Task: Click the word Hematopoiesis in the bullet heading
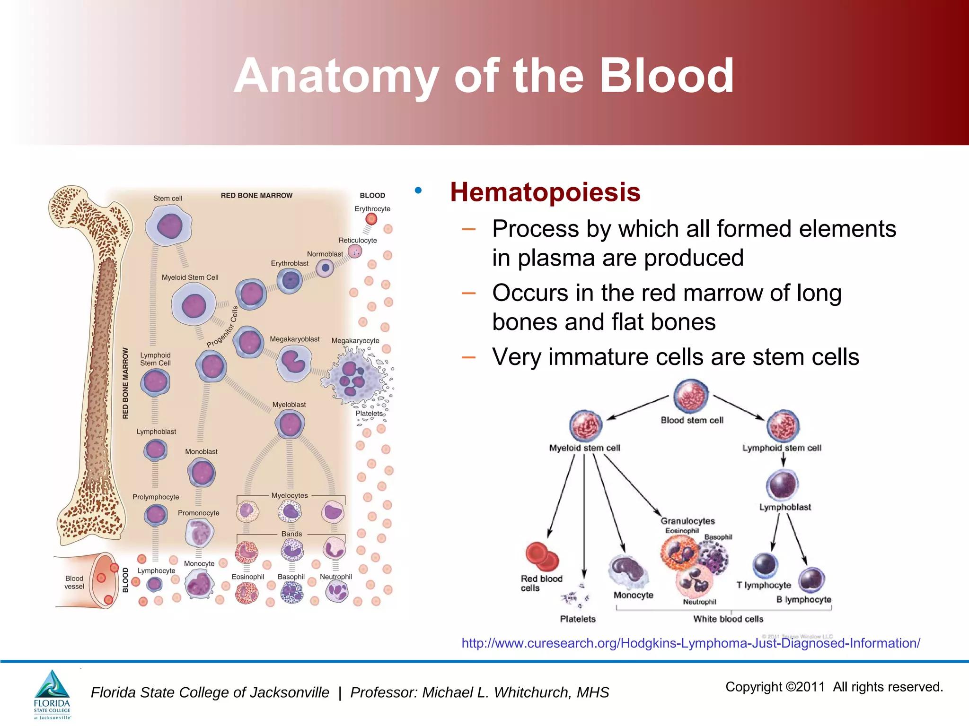545,192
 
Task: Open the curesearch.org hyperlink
690,643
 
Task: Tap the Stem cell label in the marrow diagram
167,199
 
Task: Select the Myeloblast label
289,405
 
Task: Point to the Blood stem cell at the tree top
691,396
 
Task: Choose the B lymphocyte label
803,600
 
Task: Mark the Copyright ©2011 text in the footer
775,687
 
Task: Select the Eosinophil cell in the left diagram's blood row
247,593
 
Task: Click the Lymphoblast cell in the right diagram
783,485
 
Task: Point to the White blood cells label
728,619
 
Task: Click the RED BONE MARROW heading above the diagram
256,196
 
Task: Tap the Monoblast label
201,452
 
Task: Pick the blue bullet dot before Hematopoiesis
418,190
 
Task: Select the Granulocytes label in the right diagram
687,521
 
